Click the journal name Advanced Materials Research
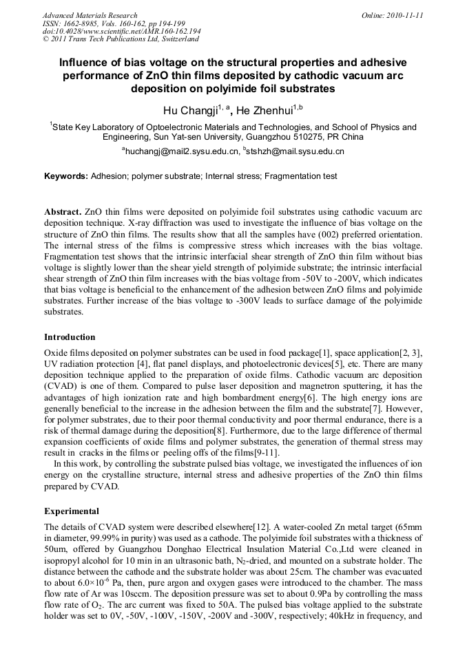(x=90, y=15)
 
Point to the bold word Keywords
(x=65, y=176)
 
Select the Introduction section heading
(x=70, y=337)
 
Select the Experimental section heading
(x=72, y=511)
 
